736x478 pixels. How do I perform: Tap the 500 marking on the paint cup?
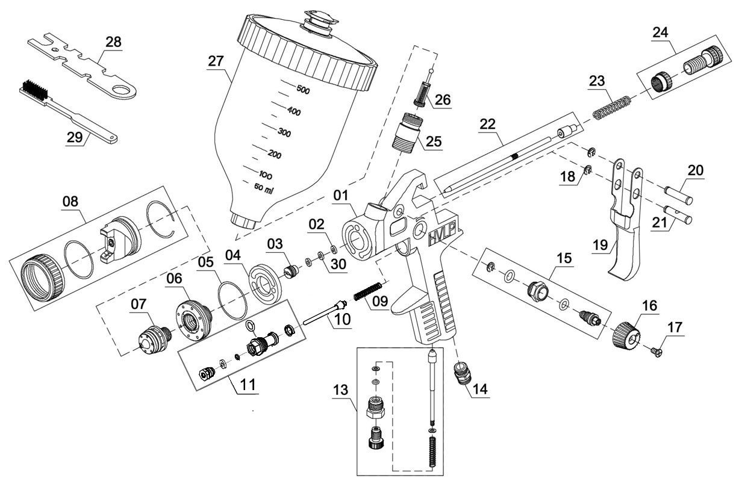point(302,90)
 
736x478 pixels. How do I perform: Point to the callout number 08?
point(71,203)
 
